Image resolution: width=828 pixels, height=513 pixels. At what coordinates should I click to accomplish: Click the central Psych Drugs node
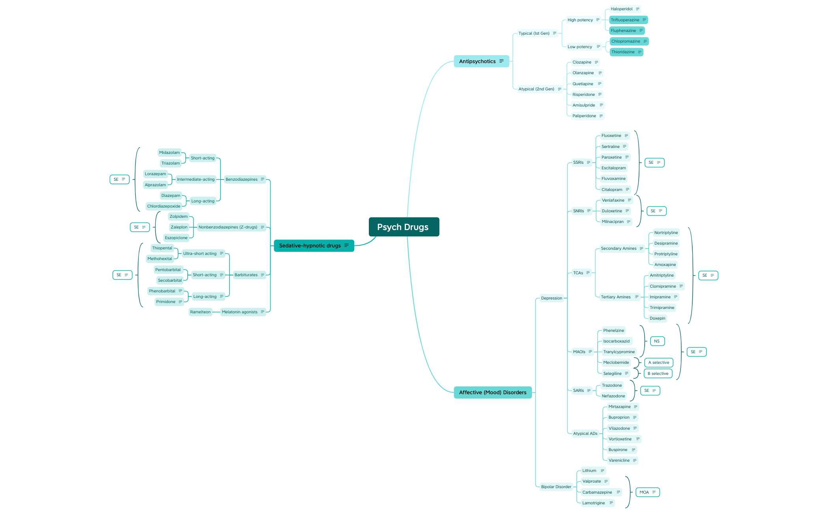tap(404, 227)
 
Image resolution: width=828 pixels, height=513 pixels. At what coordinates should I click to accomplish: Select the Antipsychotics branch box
tap(477, 61)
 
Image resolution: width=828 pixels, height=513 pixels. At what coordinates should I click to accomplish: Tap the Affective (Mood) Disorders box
tap(492, 392)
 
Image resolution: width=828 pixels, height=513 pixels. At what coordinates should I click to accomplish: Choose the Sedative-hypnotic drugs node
tap(310, 245)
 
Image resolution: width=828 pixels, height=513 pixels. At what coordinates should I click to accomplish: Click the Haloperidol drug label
tap(621, 9)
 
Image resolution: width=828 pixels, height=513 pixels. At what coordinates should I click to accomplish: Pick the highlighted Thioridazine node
tap(623, 52)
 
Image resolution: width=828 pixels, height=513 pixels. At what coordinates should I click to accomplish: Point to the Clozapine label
tap(582, 62)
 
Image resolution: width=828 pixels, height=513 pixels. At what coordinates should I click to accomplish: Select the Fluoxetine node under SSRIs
tap(611, 136)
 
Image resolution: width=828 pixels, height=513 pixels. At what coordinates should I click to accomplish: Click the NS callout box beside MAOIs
tap(657, 341)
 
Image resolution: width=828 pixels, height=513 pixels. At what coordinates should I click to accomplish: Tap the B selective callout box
tap(658, 373)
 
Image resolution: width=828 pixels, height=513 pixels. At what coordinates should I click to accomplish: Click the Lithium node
tap(589, 470)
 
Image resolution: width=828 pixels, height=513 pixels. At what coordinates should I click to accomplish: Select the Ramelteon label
tap(200, 312)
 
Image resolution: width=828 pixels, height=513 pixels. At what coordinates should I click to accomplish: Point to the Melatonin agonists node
tap(240, 312)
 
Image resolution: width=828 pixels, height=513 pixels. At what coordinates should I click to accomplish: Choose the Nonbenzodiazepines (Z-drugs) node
tap(228, 227)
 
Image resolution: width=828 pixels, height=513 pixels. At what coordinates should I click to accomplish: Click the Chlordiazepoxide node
tap(164, 206)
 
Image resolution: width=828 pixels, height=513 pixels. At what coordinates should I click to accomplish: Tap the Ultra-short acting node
tap(200, 253)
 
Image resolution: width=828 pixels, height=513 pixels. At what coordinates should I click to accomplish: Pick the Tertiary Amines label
tap(616, 297)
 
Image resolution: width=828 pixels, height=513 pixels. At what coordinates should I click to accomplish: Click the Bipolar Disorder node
tap(556, 487)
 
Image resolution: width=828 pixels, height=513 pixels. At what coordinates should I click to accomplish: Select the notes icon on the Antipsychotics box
tap(502, 61)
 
